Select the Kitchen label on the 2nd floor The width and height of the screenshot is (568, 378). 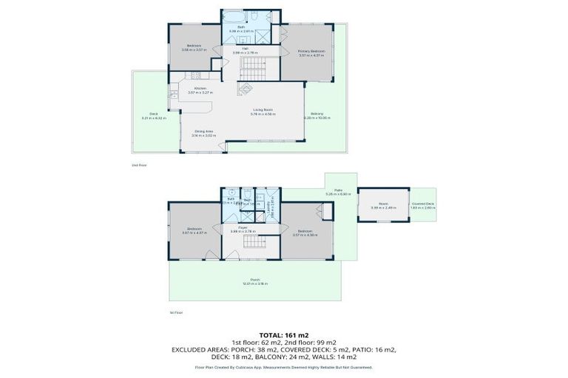pyautogui.click(x=200, y=89)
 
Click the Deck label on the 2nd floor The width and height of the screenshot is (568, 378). pyautogui.click(x=154, y=115)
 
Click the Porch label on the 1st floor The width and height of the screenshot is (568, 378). pyautogui.click(x=255, y=281)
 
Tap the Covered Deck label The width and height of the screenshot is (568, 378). pyautogui.click(x=423, y=205)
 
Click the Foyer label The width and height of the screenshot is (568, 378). pyautogui.click(x=243, y=229)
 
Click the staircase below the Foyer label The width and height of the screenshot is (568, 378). pyautogui.click(x=255, y=250)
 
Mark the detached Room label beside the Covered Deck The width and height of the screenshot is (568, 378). pyautogui.click(x=383, y=206)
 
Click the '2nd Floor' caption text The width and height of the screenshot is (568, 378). pyautogui.click(x=139, y=165)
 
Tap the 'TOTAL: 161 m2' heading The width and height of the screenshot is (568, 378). pyautogui.click(x=283, y=335)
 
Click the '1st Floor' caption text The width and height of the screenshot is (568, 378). pyautogui.click(x=177, y=313)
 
